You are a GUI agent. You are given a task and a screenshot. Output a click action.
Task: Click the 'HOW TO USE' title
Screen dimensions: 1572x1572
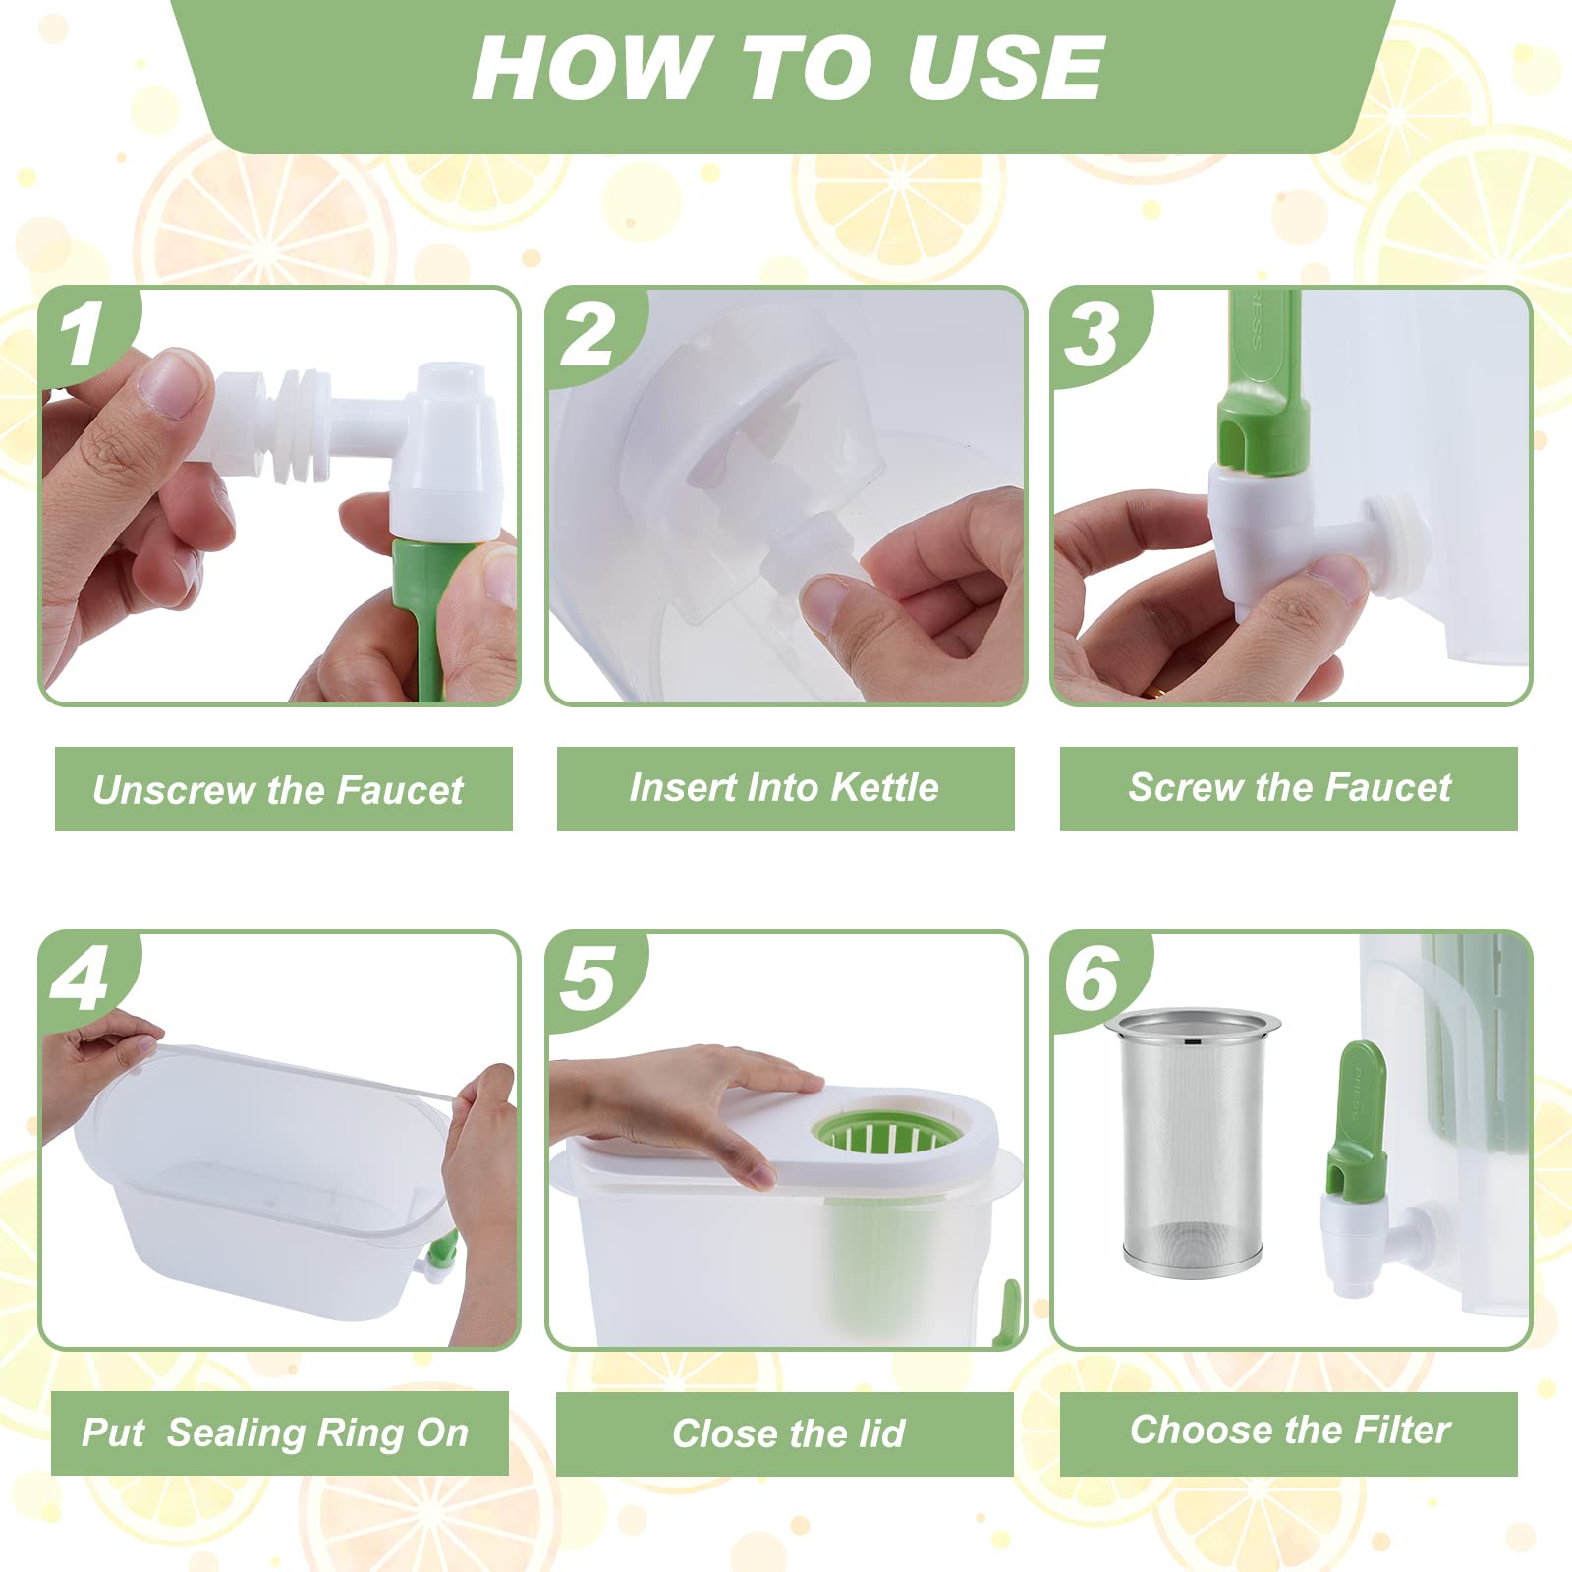coord(789,67)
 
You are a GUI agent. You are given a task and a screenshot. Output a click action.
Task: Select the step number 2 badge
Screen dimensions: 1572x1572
coord(589,334)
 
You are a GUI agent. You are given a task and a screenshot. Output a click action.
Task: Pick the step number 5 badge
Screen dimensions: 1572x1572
coord(589,979)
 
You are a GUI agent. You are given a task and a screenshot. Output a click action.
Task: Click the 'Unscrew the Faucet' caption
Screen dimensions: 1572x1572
coord(278,789)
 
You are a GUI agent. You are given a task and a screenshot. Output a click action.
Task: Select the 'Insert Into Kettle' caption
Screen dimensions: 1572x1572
coord(784,787)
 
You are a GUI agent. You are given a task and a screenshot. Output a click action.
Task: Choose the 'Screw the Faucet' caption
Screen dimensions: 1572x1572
coord(1289,787)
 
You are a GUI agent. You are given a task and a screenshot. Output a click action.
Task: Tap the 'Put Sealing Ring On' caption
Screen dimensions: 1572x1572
coord(275,1433)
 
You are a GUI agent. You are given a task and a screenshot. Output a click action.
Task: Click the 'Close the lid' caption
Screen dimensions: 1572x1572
coord(788,1433)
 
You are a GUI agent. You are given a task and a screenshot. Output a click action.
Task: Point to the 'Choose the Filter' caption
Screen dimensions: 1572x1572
coord(1289,1430)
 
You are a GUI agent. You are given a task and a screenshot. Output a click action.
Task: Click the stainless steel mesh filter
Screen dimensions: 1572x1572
coord(1192,1142)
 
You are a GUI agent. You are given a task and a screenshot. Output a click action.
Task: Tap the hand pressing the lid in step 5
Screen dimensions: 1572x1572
coord(688,1100)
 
